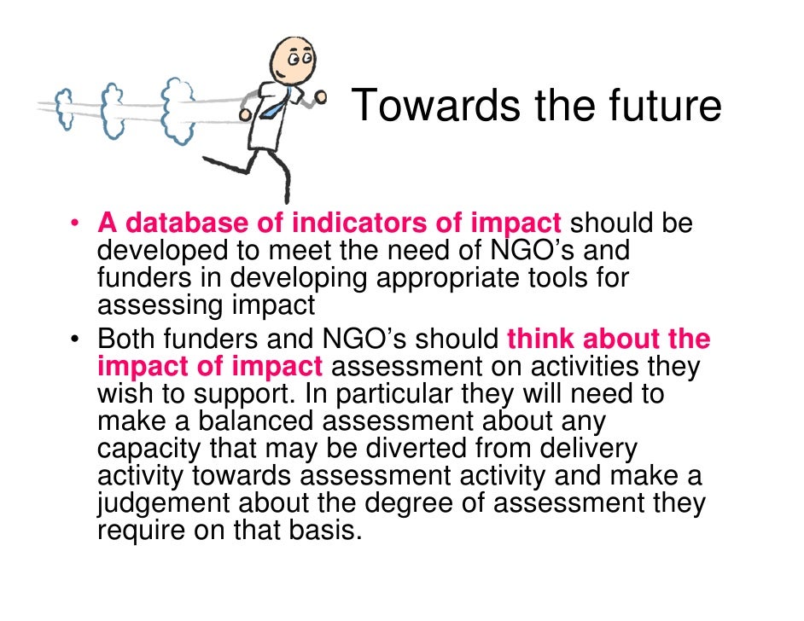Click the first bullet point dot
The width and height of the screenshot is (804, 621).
pyautogui.click(x=75, y=224)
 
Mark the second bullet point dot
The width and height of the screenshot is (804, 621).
pyautogui.click(x=75, y=340)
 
